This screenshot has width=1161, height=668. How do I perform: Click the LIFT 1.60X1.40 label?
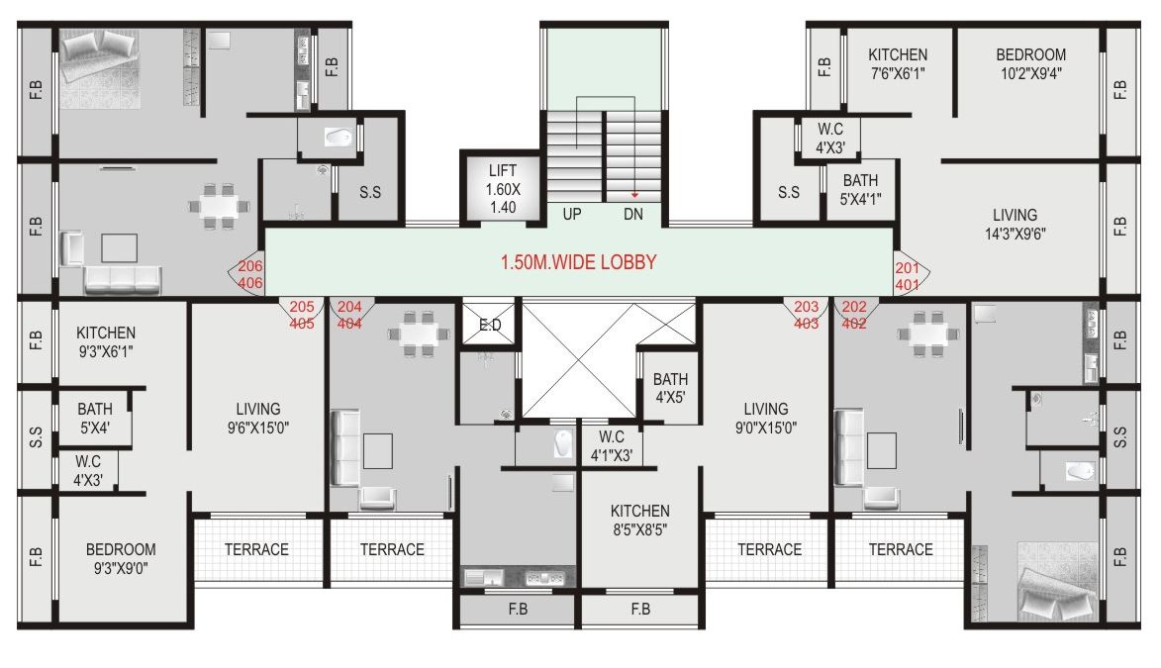pyautogui.click(x=502, y=188)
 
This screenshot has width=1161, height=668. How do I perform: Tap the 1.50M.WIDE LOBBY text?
pyautogui.click(x=577, y=263)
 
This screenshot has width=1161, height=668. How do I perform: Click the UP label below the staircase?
pyautogui.click(x=572, y=214)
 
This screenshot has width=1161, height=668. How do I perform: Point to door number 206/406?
pyautogui.click(x=250, y=275)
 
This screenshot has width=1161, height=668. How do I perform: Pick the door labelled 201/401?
pyautogui.click(x=907, y=276)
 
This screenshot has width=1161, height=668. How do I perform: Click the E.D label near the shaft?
pyautogui.click(x=489, y=325)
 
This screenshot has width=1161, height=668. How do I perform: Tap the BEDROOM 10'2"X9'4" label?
pyautogui.click(x=1030, y=63)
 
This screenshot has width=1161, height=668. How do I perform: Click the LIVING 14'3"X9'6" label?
pyautogui.click(x=1015, y=225)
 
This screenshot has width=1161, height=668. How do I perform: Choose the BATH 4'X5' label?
pyautogui.click(x=670, y=388)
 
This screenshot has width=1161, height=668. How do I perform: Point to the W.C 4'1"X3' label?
pyautogui.click(x=611, y=446)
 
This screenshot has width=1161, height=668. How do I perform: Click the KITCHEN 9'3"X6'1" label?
pyautogui.click(x=106, y=341)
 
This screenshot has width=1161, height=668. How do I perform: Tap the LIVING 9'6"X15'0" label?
pyautogui.click(x=257, y=419)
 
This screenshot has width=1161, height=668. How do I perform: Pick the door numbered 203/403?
pyautogui.click(x=807, y=315)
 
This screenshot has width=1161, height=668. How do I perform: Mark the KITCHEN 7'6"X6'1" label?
pyautogui.click(x=898, y=63)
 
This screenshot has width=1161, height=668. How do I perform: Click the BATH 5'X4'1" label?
pyautogui.click(x=860, y=189)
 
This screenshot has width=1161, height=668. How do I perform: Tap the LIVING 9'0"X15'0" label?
pyautogui.click(x=766, y=419)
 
